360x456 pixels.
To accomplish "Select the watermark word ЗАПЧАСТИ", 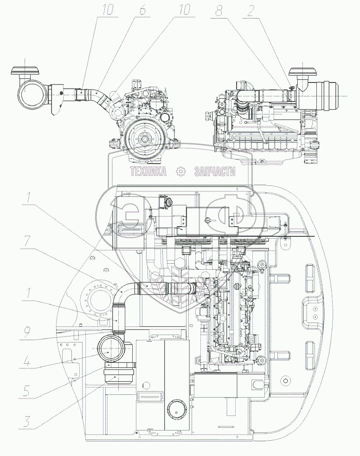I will point(215,171).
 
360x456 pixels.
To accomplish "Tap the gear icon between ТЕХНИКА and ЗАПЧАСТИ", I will point(180,171).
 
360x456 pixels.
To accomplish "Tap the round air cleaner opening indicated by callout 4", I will point(109,351).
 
